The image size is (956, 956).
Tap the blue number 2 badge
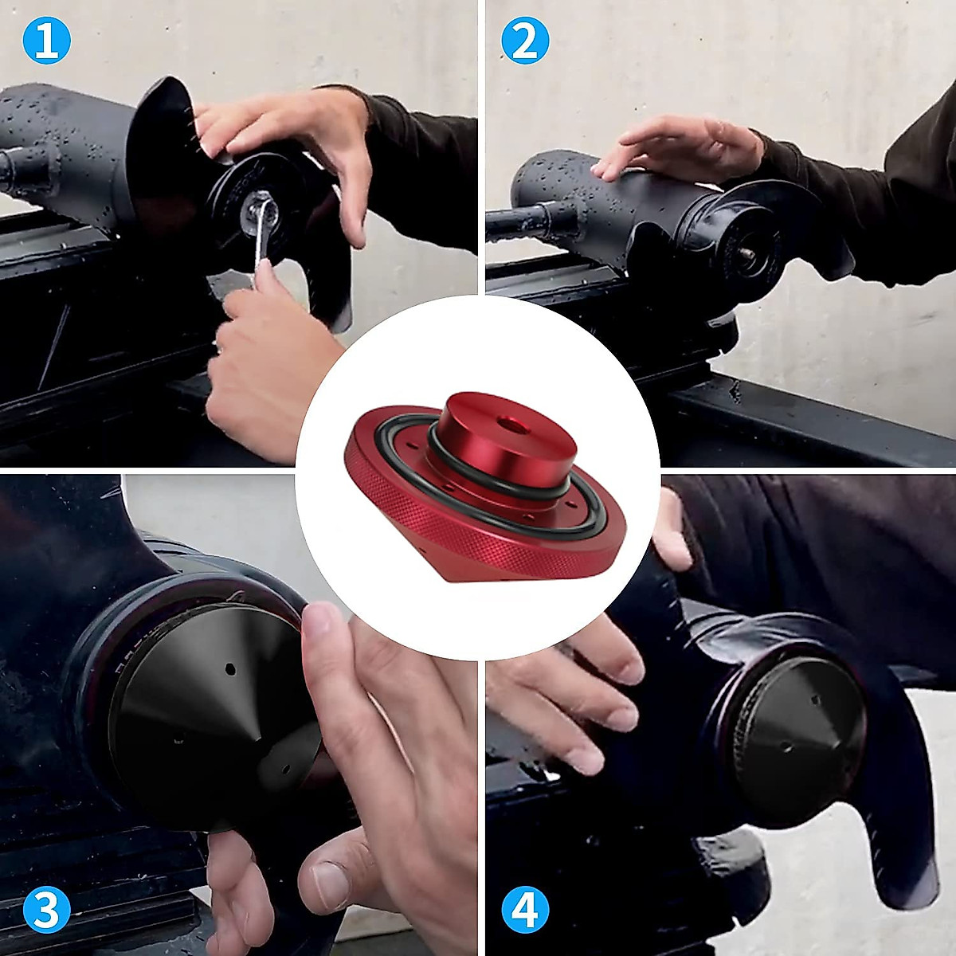pos(525,41)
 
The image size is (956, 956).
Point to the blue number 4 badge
pos(525,909)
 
